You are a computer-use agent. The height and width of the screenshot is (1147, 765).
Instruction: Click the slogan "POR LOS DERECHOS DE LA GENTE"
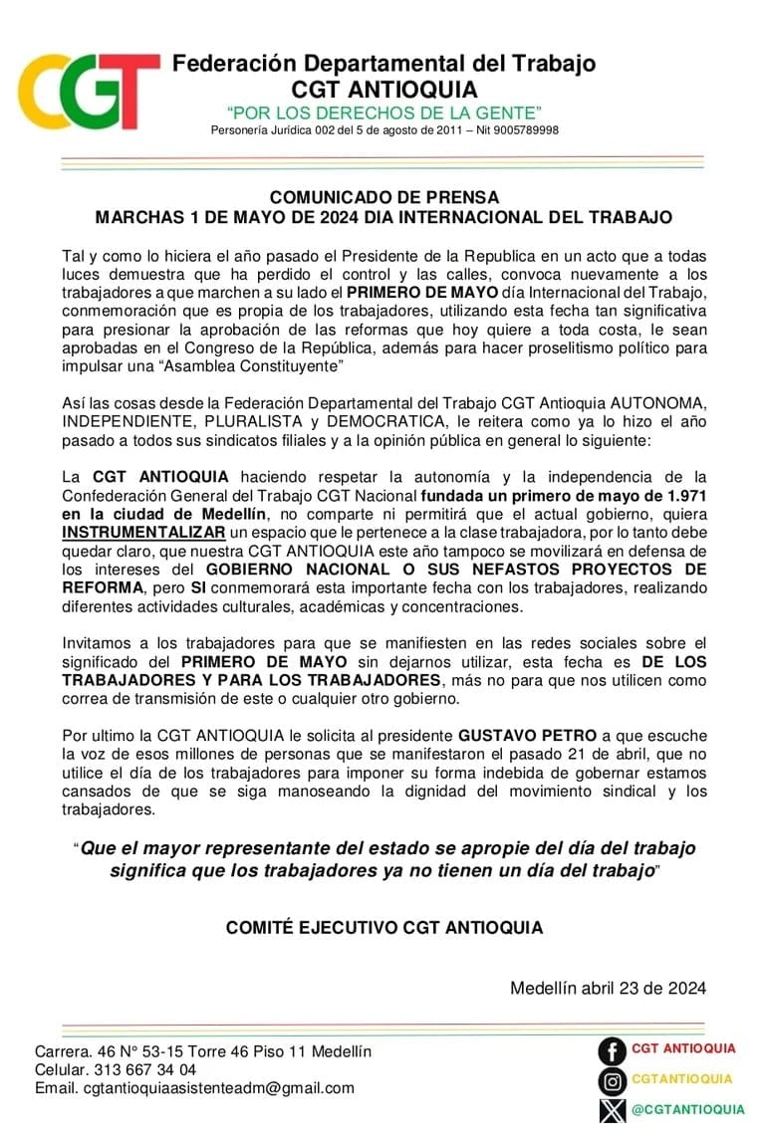(383, 112)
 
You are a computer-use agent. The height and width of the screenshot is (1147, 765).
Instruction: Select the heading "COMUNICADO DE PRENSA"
(383, 197)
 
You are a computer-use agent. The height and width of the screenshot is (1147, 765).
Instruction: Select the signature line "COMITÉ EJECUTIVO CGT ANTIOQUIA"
(383, 928)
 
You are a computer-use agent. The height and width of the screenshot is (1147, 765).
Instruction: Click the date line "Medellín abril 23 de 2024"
(608, 989)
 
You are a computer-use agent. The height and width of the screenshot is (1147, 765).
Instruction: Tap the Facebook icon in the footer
(612, 1049)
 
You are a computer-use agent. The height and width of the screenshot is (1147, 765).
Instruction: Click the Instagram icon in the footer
(612, 1079)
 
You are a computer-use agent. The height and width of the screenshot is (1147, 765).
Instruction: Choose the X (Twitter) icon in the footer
(612, 1109)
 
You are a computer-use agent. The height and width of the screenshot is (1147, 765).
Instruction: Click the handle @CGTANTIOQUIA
(687, 1109)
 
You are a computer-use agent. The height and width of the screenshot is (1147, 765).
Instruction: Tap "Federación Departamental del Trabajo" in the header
(383, 64)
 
